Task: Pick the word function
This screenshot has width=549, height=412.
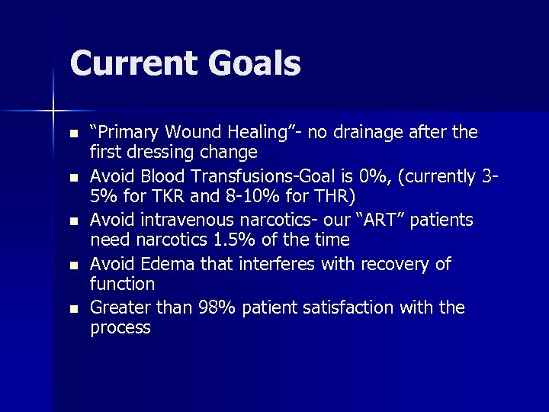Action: pyautogui.click(x=122, y=284)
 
